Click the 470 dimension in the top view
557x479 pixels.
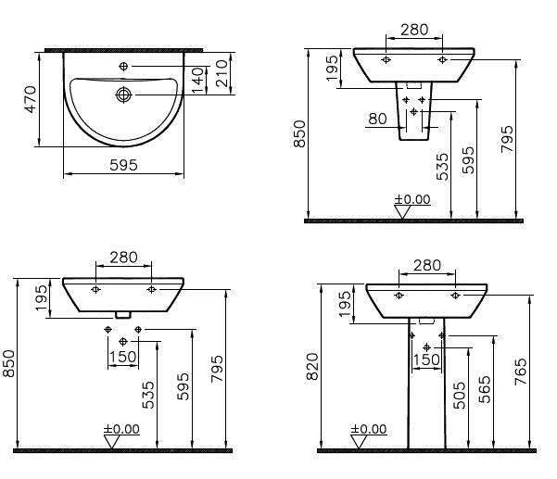pyautogui.click(x=31, y=99)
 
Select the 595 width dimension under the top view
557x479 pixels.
pyautogui.click(x=123, y=165)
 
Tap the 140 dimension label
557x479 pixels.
pyautogui.click(x=197, y=81)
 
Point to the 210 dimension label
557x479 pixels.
pyautogui.click(x=222, y=73)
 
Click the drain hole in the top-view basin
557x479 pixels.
pyautogui.click(x=123, y=95)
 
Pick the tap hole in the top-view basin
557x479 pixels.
pyautogui.click(x=123, y=66)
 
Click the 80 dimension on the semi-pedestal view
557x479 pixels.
pyautogui.click(x=377, y=119)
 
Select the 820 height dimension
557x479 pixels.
pyautogui.click(x=313, y=367)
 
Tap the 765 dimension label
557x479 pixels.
pyautogui.click(x=521, y=372)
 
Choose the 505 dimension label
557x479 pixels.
pyautogui.click(x=460, y=396)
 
